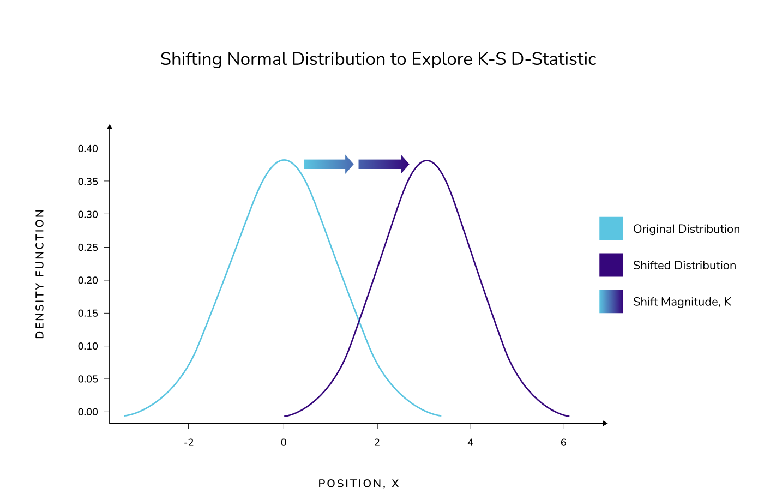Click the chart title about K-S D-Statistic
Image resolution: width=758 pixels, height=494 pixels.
point(378,59)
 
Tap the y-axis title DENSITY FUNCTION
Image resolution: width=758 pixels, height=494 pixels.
point(40,274)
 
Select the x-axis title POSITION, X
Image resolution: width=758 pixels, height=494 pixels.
point(359,484)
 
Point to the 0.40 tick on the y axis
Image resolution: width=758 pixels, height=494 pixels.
point(88,148)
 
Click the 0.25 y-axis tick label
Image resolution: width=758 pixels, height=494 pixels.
point(88,248)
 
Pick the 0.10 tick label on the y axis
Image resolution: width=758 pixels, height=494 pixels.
point(88,346)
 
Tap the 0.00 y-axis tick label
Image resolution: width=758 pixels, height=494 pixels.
point(88,412)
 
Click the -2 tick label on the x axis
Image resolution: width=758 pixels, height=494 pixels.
point(188,443)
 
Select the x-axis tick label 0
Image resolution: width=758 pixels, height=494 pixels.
point(284,443)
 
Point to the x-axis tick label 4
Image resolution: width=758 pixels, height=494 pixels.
point(470,443)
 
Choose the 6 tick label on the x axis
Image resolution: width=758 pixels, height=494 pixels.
point(563,443)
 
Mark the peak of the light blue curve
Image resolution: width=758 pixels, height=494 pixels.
point(284,160)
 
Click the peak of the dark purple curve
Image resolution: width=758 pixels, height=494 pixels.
point(427,160)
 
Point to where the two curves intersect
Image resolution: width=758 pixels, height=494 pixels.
point(359,323)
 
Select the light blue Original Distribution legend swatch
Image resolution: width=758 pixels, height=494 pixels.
point(611,228)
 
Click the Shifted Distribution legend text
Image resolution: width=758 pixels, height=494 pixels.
point(684,266)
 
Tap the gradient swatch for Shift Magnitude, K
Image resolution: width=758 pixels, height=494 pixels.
point(611,302)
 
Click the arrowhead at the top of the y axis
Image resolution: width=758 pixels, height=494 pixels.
point(110,127)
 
